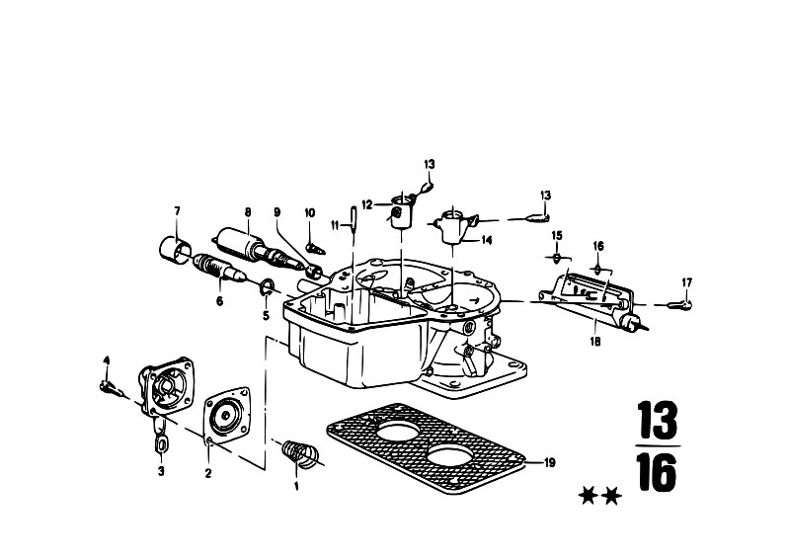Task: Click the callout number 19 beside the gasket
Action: [x=549, y=462]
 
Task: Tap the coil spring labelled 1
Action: [x=300, y=454]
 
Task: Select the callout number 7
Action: [x=177, y=211]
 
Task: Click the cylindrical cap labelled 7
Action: [x=176, y=250]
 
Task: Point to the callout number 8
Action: [x=248, y=212]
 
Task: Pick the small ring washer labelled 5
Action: [x=267, y=288]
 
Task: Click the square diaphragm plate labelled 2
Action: [x=227, y=416]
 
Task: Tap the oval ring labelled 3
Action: [x=162, y=445]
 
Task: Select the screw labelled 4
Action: [x=112, y=387]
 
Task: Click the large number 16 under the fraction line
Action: [x=656, y=472]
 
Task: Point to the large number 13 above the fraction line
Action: [x=657, y=420]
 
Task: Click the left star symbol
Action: [x=588, y=496]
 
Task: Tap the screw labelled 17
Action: [x=679, y=304]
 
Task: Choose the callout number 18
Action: [x=595, y=342]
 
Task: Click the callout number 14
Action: [x=486, y=241]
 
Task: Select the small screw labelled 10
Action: [x=315, y=249]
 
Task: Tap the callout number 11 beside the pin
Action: [x=336, y=225]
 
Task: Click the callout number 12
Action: [x=367, y=204]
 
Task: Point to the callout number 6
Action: [x=219, y=301]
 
